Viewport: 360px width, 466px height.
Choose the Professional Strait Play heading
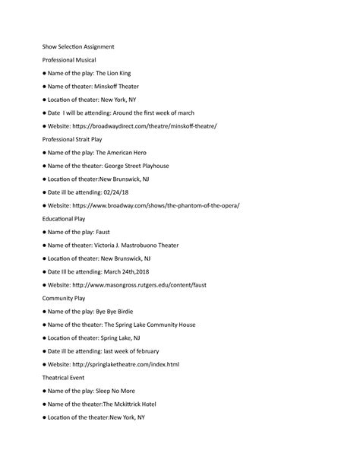coord(74,139)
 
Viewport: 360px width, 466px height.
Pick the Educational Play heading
coord(63,219)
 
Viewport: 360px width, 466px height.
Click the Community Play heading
coord(64,298)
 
